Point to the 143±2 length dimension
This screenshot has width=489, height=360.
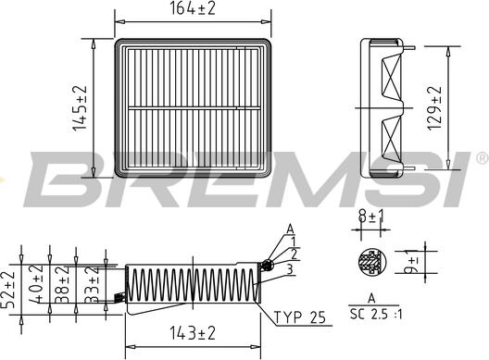[x=192, y=332]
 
